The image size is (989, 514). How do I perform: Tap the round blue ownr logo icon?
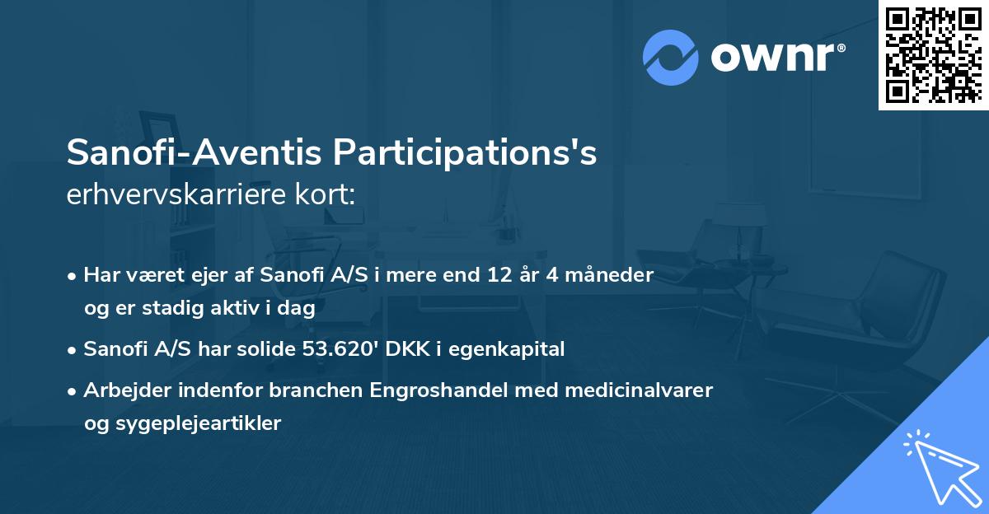pos(671,58)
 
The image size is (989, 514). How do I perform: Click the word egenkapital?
pos(513,349)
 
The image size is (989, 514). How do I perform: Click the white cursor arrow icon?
pos(940,466)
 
